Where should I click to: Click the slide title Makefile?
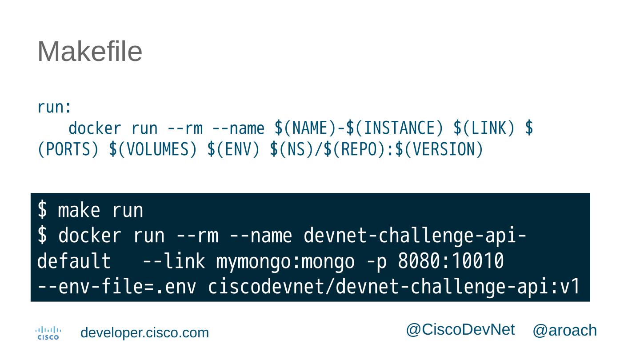90,52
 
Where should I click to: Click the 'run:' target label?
54,107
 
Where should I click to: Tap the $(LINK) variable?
484,128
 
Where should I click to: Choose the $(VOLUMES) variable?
153,150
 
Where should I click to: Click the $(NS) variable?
292,150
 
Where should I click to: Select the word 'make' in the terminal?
79,210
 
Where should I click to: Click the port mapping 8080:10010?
451,262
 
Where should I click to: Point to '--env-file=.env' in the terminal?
116,288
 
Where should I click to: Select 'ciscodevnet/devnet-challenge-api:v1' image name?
394,288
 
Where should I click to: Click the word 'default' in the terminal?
74,262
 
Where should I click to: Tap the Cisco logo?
48,333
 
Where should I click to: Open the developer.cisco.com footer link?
144,333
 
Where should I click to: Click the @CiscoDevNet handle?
460,330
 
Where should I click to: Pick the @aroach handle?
564,331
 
